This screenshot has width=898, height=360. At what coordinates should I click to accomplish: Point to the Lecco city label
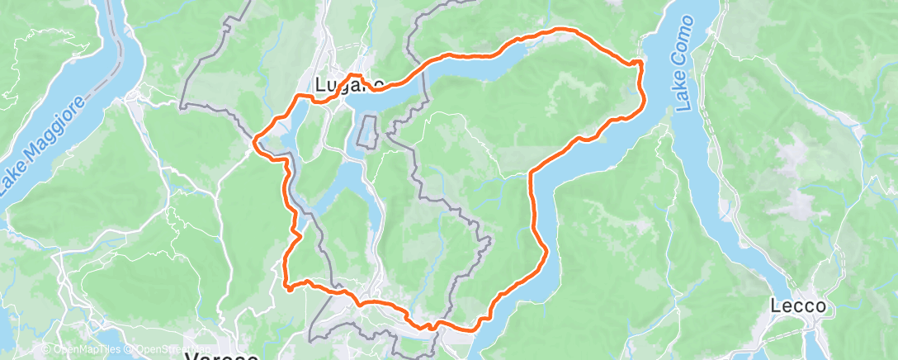(798, 306)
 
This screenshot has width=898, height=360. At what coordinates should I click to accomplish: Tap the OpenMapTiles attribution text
(81, 349)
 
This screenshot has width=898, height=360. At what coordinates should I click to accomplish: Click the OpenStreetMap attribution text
(166, 349)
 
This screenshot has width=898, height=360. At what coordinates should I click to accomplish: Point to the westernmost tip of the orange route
(253, 141)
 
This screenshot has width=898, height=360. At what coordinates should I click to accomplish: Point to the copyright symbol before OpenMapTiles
(46, 349)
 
